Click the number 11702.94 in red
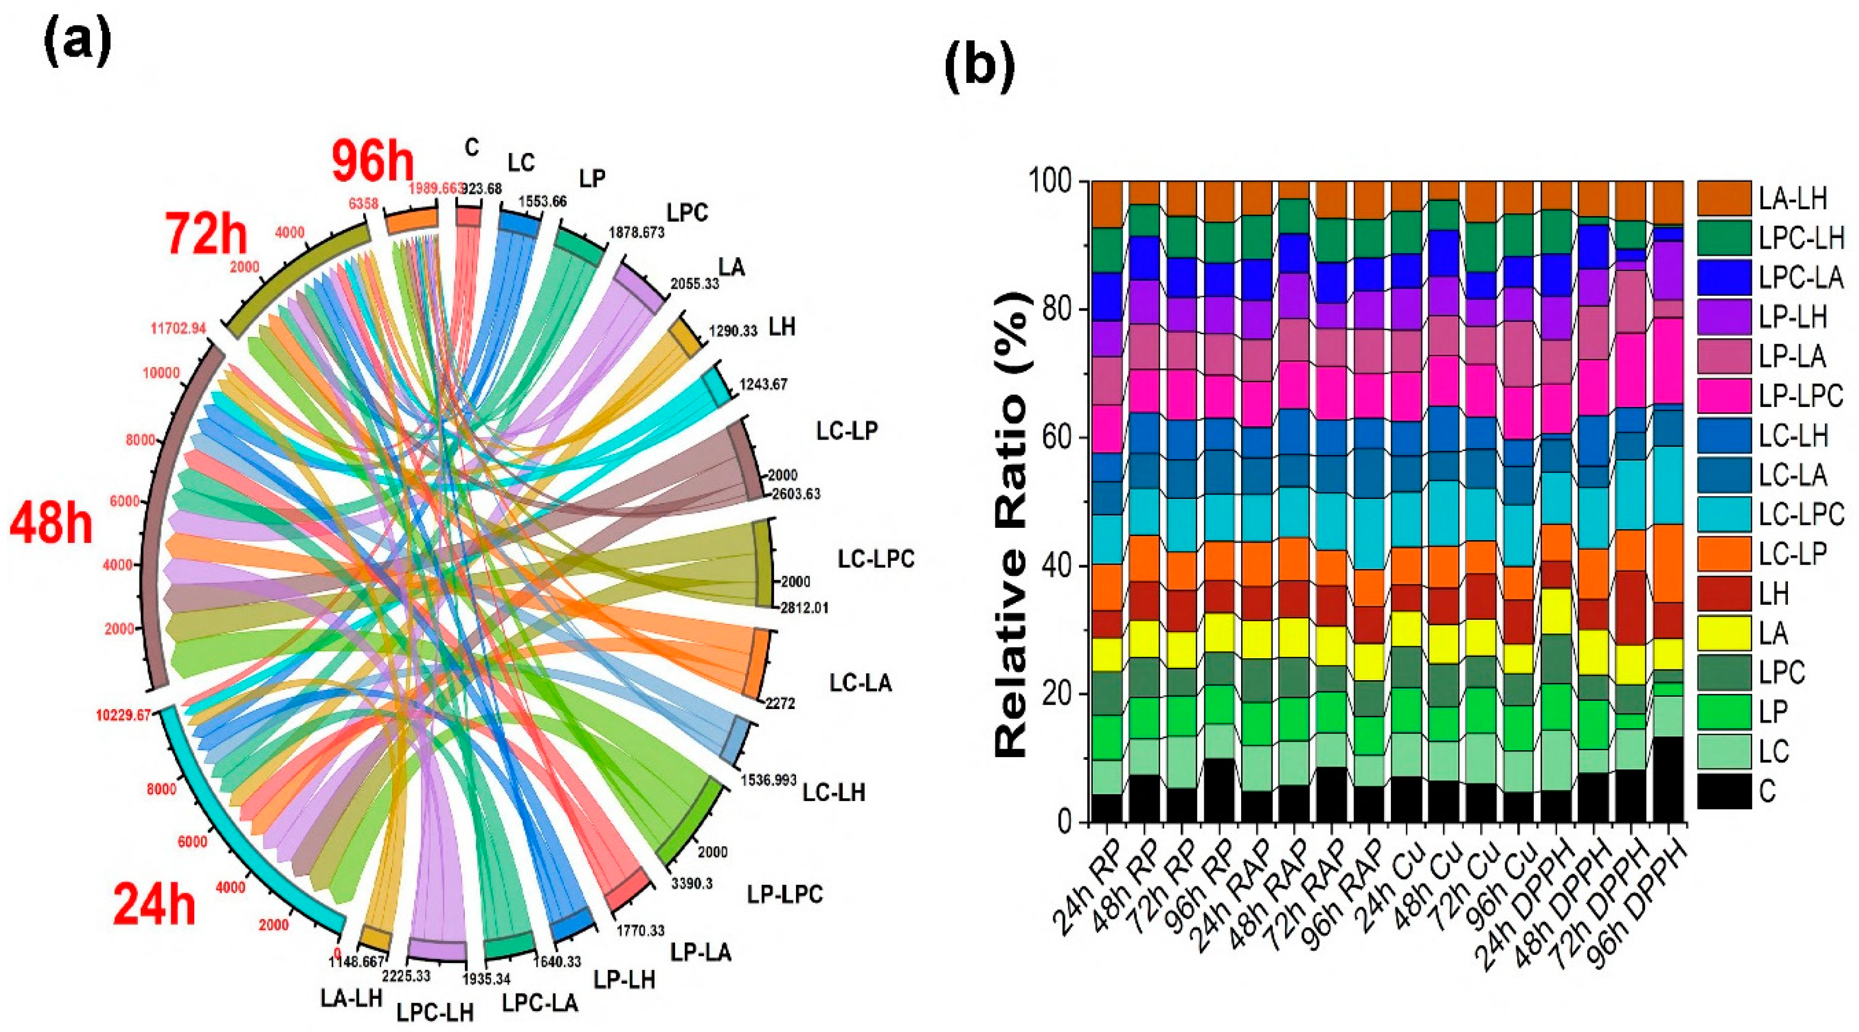178,329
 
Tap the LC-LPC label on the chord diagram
876,559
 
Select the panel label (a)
78,42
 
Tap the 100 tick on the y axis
1050,182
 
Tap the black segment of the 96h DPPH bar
1668,780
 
